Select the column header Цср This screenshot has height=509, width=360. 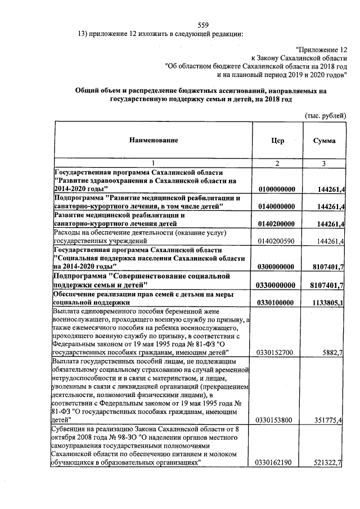pos(276,141)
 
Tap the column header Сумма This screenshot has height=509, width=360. pos(325,141)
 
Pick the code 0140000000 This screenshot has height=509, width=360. pos(276,207)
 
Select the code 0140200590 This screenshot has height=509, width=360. pos(276,241)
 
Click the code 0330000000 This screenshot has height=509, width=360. pos(276,285)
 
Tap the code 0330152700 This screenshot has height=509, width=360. pos(276,352)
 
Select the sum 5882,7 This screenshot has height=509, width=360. pos(332,352)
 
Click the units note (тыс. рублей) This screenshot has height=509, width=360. pos(325,115)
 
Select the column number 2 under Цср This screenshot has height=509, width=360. pos(276,163)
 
